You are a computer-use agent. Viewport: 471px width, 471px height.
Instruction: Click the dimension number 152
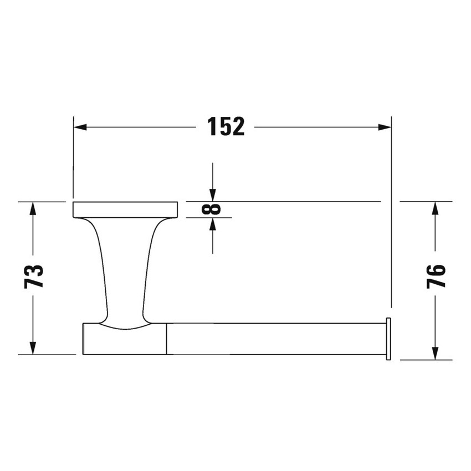226,127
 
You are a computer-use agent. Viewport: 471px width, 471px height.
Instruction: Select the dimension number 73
34,276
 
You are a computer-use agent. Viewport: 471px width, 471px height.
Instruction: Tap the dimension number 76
437,276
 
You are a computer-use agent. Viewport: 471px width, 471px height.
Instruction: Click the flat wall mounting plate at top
125,209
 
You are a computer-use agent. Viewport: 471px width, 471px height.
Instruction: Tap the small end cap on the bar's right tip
388,339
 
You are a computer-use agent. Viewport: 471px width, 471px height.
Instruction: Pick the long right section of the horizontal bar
274,339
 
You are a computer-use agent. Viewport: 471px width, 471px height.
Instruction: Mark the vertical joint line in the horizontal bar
166,339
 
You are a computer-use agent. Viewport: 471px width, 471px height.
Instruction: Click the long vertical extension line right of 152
391,211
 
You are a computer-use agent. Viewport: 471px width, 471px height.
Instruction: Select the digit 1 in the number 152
211,127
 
